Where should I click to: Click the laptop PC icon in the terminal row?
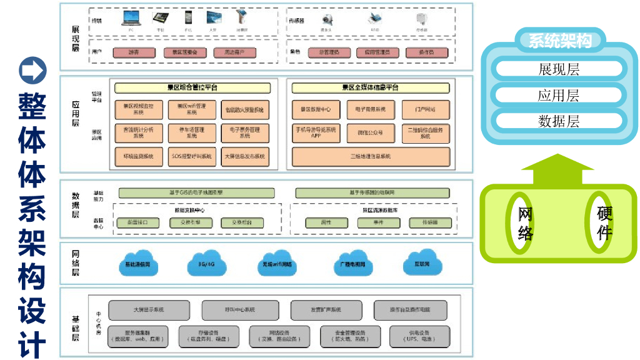(x=131, y=19)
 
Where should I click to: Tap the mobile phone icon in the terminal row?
(x=189, y=19)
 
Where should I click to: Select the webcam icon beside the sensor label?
(x=326, y=19)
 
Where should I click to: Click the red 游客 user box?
(x=134, y=53)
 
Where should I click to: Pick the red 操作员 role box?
(x=426, y=53)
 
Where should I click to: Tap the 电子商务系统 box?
(x=371, y=109)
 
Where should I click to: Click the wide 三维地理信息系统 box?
(x=371, y=156)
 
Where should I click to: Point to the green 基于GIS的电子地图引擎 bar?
(x=196, y=192)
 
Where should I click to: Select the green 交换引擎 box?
(x=191, y=223)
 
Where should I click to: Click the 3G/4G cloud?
(x=206, y=263)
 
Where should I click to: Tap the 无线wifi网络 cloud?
(x=277, y=263)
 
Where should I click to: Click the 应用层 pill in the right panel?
(x=558, y=95)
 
